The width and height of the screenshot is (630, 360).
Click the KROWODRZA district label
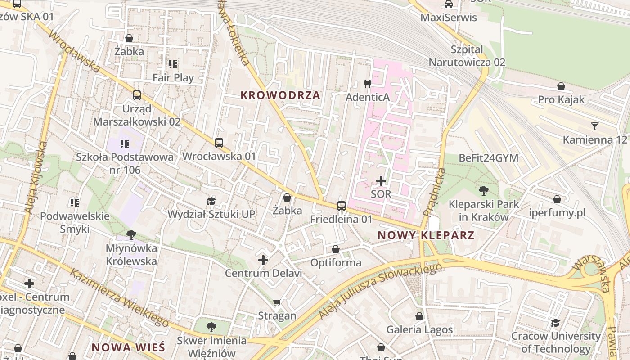click(280, 95)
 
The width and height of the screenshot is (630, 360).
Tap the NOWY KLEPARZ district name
click(426, 235)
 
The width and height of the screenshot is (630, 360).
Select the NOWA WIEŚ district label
click(129, 347)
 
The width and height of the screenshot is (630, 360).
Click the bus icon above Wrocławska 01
click(219, 143)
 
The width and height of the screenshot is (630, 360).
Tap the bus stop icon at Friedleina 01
click(342, 206)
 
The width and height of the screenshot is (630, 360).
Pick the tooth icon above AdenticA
click(367, 84)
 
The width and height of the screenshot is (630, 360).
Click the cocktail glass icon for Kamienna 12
click(595, 126)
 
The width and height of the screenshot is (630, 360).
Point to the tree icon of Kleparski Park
click(484, 190)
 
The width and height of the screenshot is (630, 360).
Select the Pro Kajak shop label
click(561, 99)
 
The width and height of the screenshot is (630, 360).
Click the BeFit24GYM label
click(488, 158)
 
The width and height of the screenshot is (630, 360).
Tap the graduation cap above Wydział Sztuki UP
click(211, 201)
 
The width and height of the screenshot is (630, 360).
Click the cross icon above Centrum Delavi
click(263, 260)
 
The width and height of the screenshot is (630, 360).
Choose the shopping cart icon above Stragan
click(277, 302)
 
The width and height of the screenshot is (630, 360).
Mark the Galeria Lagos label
click(419, 330)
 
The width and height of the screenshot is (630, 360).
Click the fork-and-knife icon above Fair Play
click(173, 64)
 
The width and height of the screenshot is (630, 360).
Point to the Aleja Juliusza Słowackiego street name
click(380, 291)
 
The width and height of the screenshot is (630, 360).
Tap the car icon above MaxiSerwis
click(448, 4)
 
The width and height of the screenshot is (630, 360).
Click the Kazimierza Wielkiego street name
click(119, 297)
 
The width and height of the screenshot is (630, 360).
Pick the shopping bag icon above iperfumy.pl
click(557, 199)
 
